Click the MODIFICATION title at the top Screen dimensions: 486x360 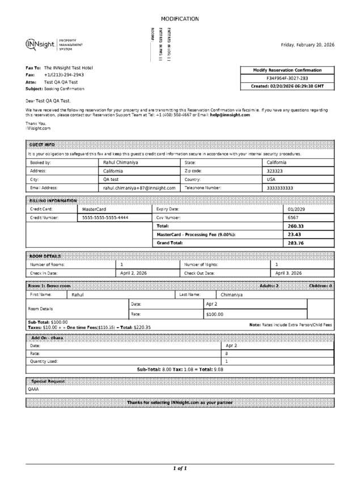click(180, 19)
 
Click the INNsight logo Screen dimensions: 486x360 click(40, 45)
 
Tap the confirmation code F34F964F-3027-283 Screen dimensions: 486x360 click(287, 78)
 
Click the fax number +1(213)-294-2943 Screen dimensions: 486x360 click(64, 75)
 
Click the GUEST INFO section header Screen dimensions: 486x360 click(42, 145)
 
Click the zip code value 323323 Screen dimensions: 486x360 click(275, 171)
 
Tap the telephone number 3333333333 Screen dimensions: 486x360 click(280, 188)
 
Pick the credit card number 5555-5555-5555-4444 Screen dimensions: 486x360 click(105, 217)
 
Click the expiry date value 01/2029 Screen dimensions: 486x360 click(297, 209)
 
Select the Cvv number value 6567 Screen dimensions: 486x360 click(293, 217)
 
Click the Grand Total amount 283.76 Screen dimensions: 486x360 click(296, 243)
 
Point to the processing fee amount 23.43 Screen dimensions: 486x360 click(294, 234)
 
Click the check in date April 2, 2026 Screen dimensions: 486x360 click(134, 273)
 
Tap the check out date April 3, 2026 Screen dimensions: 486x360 click(289, 273)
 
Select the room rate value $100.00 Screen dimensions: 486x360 click(215, 314)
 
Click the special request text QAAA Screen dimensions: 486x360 click(33, 390)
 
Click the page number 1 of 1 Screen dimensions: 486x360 click(180, 468)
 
